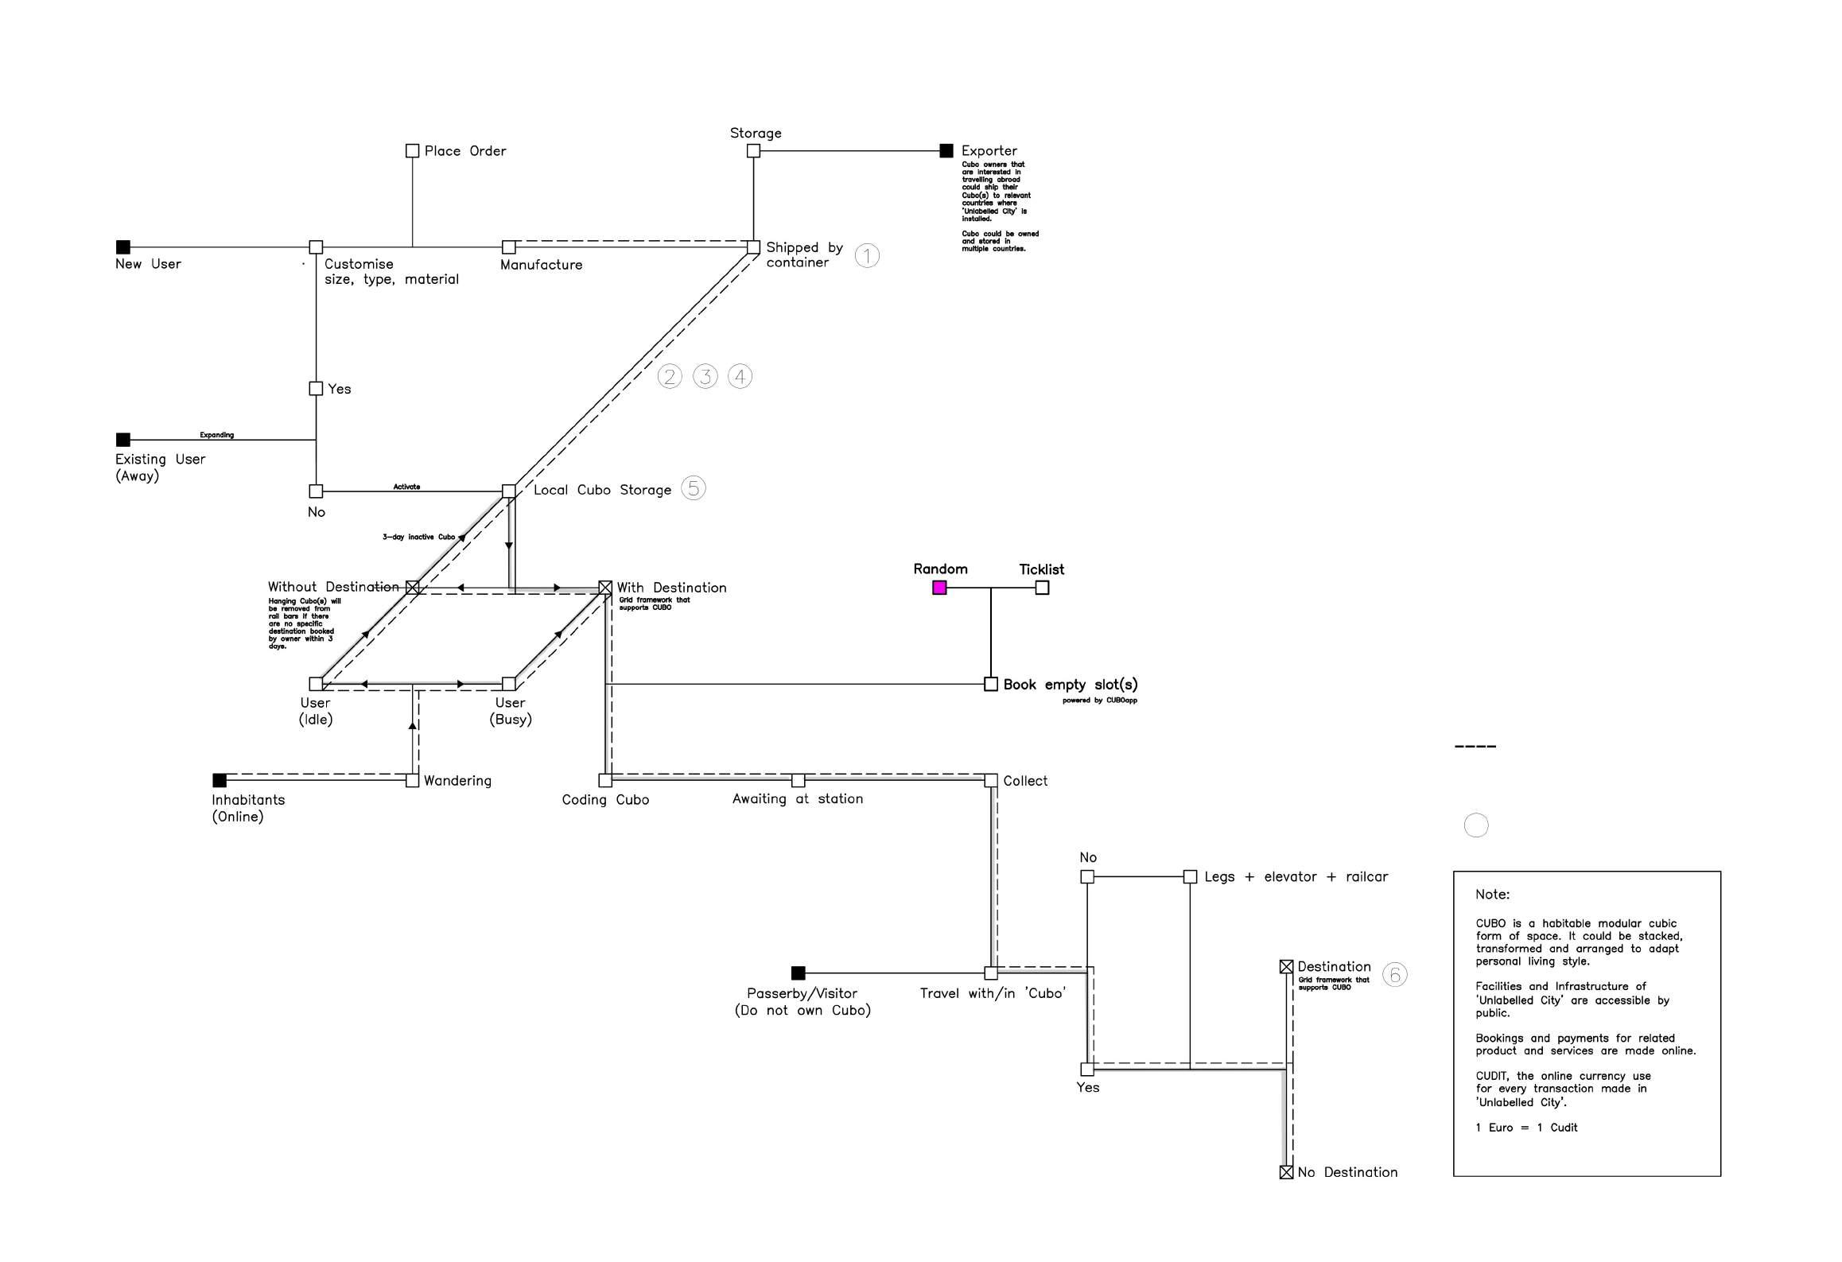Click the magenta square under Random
coord(939,588)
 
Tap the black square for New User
coord(123,247)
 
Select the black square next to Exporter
coord(946,150)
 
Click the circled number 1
coord(867,255)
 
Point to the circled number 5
coord(694,488)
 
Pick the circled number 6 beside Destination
coord(1394,974)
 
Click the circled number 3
coord(705,376)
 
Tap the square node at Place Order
coord(412,150)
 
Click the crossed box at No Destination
coord(1286,1172)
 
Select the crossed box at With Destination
coord(605,588)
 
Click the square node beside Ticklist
coord(1042,588)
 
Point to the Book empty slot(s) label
coord(1070,685)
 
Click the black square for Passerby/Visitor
coord(799,973)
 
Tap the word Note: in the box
coord(1492,895)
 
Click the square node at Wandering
coord(412,781)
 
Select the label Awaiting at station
coord(797,798)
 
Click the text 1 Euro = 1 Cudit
coord(1526,1128)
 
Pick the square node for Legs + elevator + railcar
coord(1190,876)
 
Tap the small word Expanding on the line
coord(216,435)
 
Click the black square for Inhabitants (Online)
coord(220,780)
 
